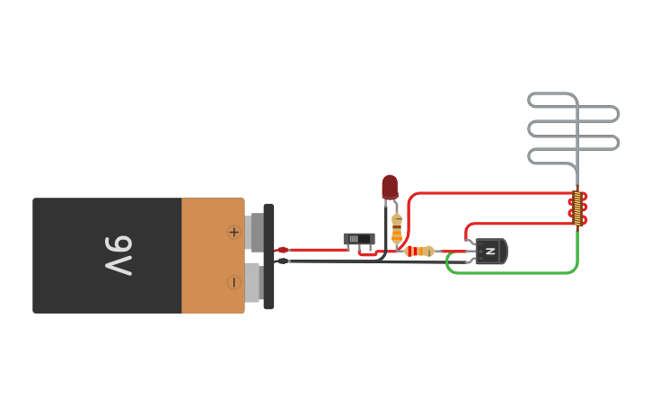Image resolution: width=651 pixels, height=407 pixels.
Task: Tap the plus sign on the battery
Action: [233, 232]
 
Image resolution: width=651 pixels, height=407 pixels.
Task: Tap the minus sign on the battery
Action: [233, 282]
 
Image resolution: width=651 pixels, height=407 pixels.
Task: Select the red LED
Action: [390, 187]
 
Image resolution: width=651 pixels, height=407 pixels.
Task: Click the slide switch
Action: [359, 240]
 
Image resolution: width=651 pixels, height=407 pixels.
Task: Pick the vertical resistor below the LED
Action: [397, 230]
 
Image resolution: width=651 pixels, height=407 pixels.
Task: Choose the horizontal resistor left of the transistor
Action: [419, 252]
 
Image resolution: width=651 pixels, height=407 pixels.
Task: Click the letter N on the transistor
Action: [490, 252]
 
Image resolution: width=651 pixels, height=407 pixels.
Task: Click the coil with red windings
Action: [577, 208]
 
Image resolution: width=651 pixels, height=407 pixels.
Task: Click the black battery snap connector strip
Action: [268, 256]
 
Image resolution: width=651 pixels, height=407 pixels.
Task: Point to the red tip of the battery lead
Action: [282, 250]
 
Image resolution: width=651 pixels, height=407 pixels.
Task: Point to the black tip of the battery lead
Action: [282, 261]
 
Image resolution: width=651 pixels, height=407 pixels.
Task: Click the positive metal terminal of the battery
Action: [255, 232]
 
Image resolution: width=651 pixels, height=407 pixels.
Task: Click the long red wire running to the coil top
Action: [494, 193]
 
